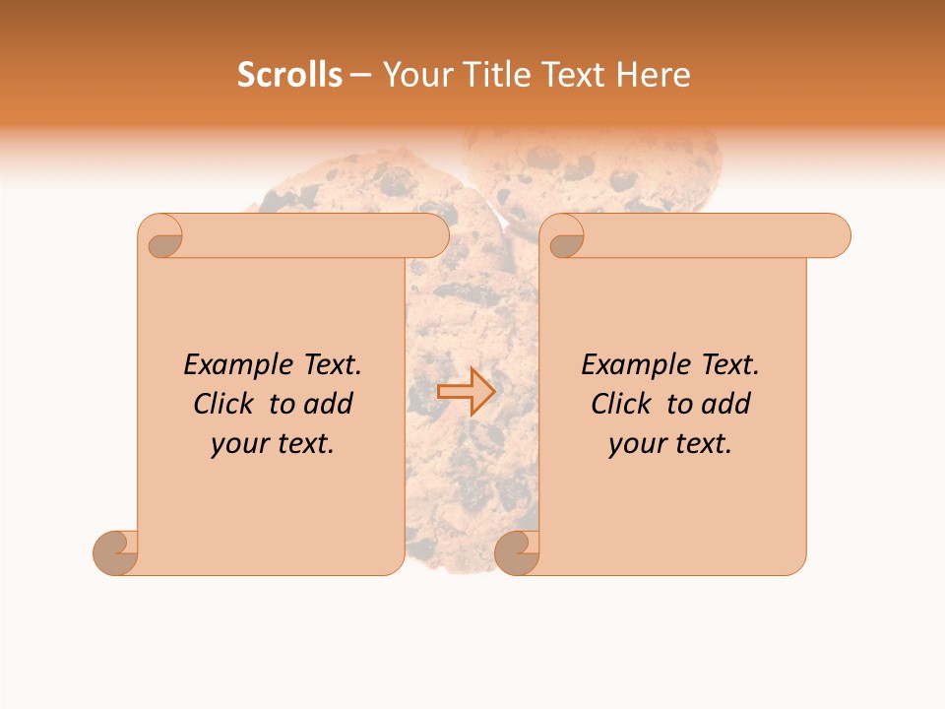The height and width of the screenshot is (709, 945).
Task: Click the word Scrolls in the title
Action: pos(289,75)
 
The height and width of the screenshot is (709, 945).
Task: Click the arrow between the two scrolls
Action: pos(466,391)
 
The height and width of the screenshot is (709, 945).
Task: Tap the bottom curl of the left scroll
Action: pos(114,553)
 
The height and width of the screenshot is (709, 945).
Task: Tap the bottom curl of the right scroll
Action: pos(516,553)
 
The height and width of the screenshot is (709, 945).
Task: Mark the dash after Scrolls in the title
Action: pos(359,76)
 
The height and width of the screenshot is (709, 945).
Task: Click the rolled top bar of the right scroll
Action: pos(709,236)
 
